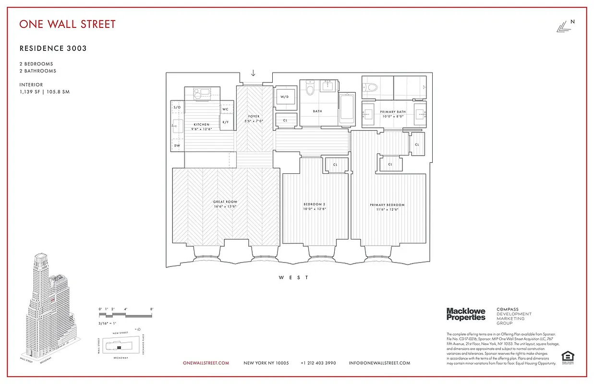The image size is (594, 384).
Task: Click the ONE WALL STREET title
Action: (67, 24)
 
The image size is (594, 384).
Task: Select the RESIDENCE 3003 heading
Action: (53, 48)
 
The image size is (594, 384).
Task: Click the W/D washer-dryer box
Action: (285, 97)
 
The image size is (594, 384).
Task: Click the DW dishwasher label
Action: (176, 145)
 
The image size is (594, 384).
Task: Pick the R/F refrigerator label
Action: (226, 122)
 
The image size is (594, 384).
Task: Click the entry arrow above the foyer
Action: (253, 73)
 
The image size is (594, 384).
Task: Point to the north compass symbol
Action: (565, 27)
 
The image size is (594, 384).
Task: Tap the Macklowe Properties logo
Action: (466, 314)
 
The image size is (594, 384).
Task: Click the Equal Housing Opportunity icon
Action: (568, 358)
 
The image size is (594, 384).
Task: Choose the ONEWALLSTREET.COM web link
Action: (206, 363)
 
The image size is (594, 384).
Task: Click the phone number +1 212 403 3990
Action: (318, 363)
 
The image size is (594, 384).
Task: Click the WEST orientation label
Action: (293, 277)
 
